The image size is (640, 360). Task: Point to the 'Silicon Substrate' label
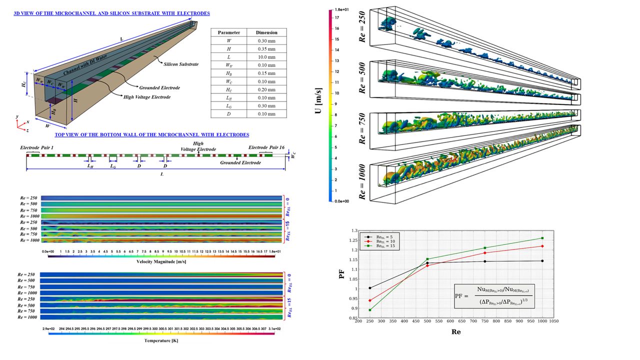(181, 64)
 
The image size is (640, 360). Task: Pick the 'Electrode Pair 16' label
(266, 148)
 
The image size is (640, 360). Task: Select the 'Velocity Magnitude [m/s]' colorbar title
(161, 261)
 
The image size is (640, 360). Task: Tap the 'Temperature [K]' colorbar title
(161, 340)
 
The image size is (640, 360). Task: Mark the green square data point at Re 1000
(542, 238)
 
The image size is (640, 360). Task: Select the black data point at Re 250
(369, 288)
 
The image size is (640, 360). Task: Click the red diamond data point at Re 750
(485, 252)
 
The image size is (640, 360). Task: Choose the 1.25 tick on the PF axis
(354, 241)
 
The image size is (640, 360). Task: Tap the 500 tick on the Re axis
(427, 322)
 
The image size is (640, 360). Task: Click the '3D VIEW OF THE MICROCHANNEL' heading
(112, 13)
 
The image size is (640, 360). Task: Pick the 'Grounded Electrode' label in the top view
(240, 162)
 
